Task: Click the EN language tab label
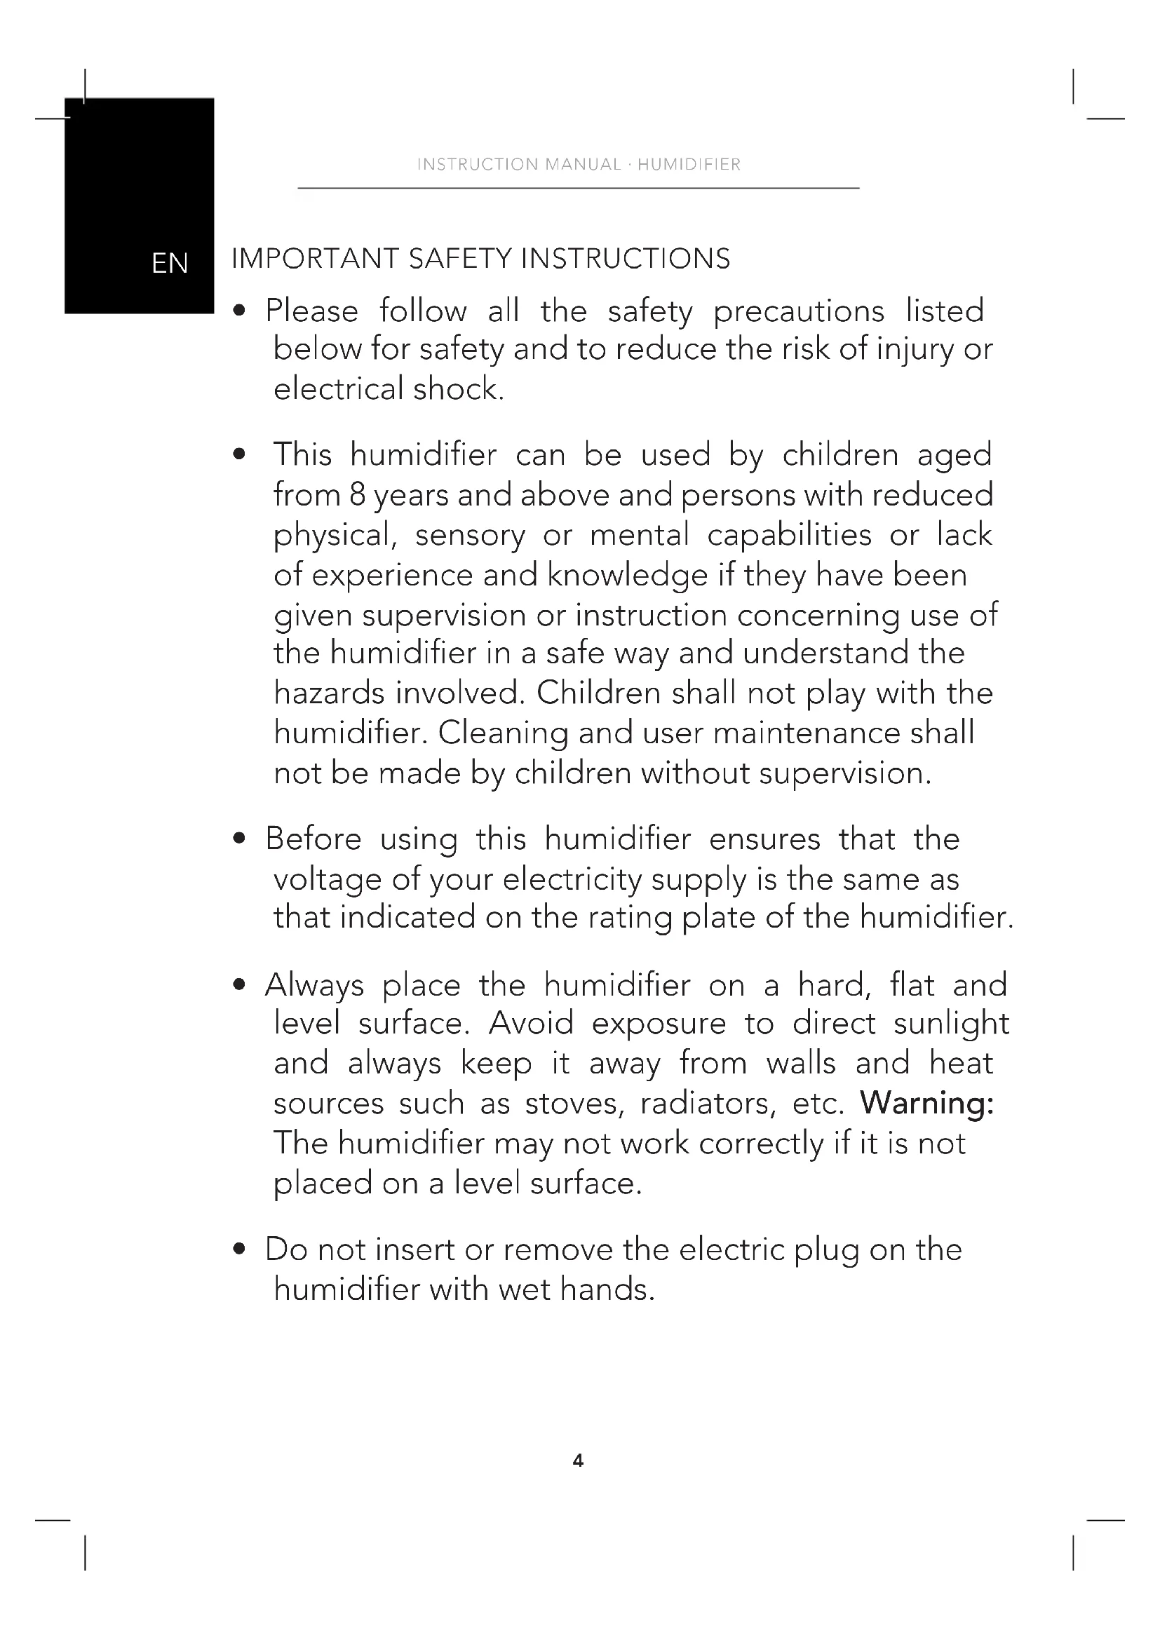(x=170, y=264)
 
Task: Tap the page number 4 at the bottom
(x=578, y=1461)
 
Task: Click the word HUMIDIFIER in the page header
(x=689, y=165)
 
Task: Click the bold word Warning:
(x=926, y=1103)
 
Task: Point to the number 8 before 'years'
(x=357, y=495)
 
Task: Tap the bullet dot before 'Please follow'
(x=240, y=311)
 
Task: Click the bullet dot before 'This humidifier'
(x=240, y=454)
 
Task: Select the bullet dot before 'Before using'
(x=240, y=839)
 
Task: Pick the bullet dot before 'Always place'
(x=240, y=985)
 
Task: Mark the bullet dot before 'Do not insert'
(x=240, y=1249)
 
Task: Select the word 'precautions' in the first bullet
(x=799, y=312)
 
